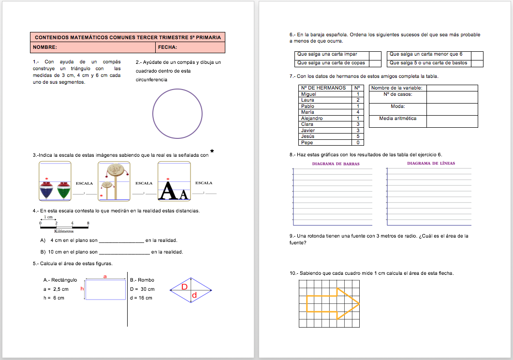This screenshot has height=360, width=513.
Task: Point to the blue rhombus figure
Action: [191, 290]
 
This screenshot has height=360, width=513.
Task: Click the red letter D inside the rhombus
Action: [184, 287]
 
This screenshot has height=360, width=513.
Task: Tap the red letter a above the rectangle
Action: [105, 276]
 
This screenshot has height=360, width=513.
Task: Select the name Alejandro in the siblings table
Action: [312, 118]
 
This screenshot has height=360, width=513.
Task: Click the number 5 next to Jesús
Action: [358, 136]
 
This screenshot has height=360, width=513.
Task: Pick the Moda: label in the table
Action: [397, 106]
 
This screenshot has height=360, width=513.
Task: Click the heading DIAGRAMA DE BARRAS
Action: [336, 164]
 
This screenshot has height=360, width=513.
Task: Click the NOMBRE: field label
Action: [45, 47]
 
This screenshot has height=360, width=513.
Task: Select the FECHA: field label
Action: [167, 47]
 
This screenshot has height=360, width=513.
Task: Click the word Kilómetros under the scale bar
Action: [64, 232]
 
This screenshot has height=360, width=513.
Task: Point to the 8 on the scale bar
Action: [88, 223]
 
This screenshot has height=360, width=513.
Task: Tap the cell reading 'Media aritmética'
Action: [397, 118]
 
